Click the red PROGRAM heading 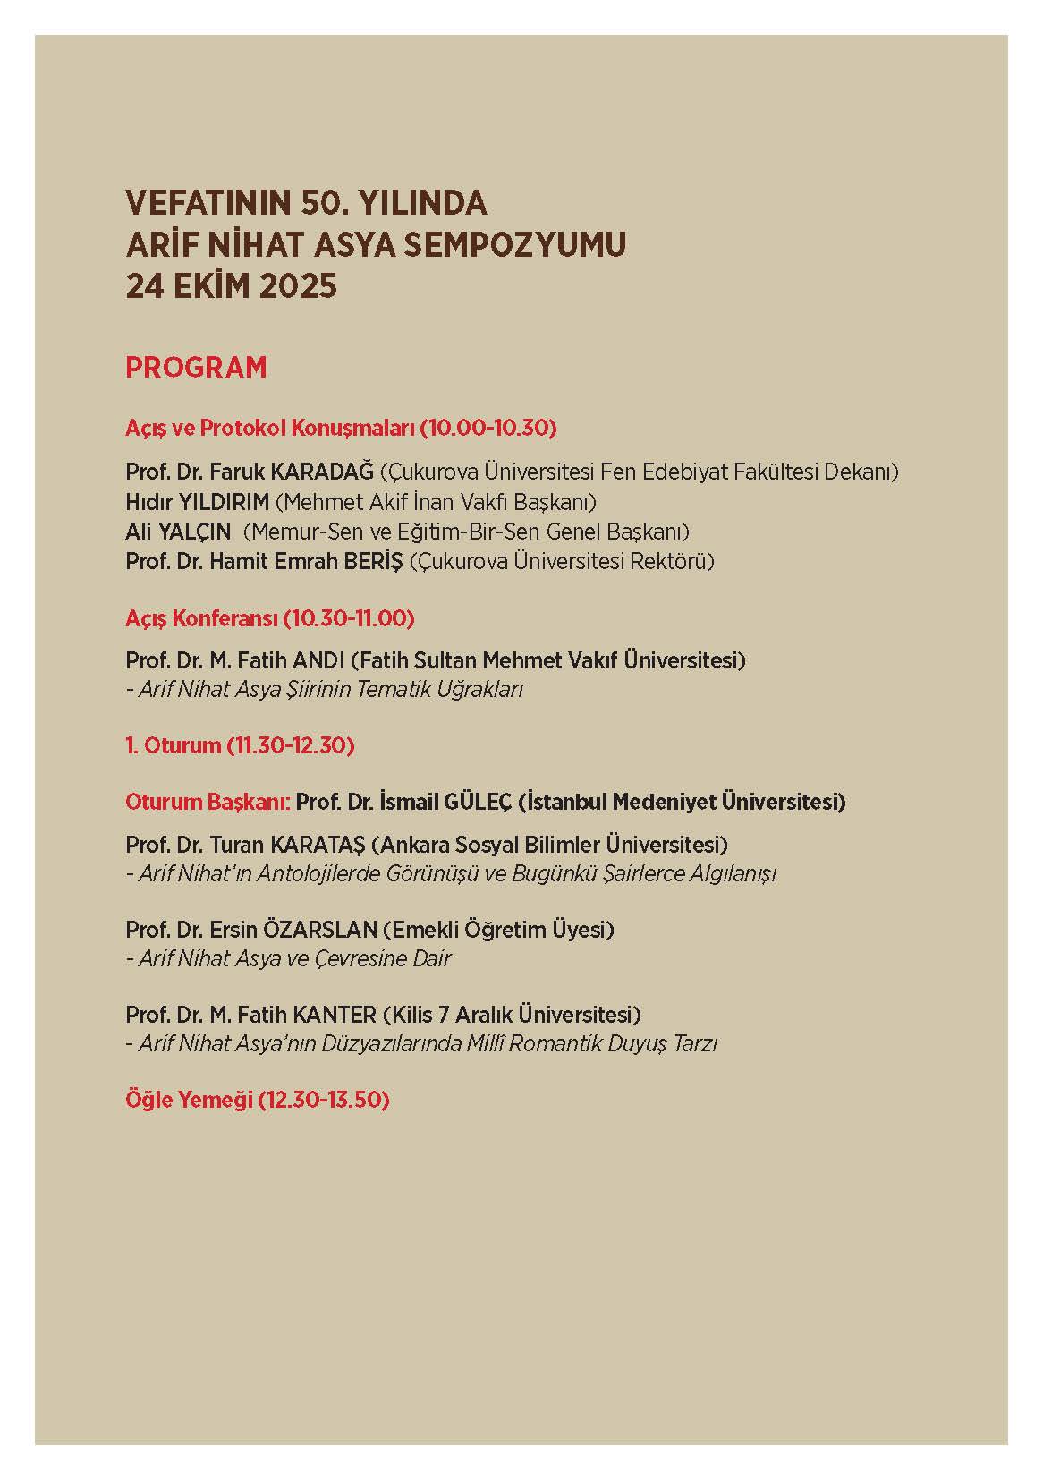point(196,368)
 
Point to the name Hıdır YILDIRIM point(197,501)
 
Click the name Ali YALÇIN point(176,532)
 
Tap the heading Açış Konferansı point(201,617)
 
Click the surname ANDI point(318,660)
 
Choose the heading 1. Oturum point(174,744)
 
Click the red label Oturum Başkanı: point(208,801)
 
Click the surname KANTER point(332,1015)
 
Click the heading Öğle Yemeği point(189,1099)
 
